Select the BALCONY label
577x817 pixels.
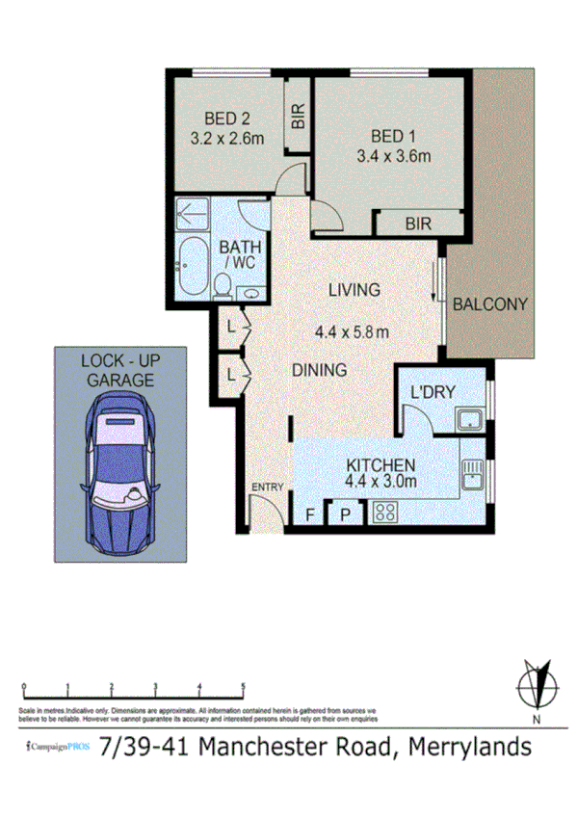tap(490, 304)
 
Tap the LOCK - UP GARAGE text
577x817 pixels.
tap(118, 370)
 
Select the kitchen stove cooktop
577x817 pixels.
tap(386, 513)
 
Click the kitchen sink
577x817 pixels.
tap(472, 473)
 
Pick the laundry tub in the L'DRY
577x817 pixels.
tap(470, 420)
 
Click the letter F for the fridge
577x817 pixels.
tap(310, 514)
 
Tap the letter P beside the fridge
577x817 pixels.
tap(344, 514)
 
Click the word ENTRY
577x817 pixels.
tap(267, 488)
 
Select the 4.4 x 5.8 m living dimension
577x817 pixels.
tap(353, 333)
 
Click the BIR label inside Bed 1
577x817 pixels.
tap(418, 224)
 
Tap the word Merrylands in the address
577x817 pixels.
tap(470, 747)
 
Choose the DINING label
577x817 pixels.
tap(320, 370)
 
